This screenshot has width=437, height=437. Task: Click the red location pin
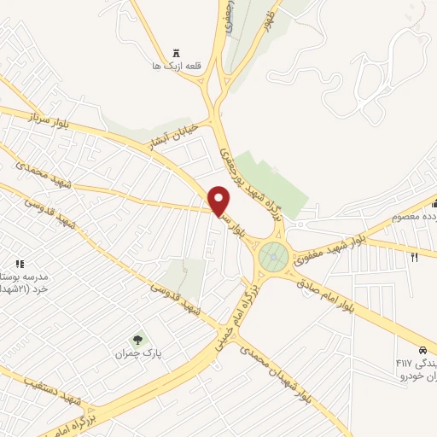tap(220, 201)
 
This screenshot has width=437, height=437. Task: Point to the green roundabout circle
tap(274, 253)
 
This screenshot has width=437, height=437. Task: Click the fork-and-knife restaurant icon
tap(415, 255)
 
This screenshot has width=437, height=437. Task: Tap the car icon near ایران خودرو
tap(422, 350)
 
